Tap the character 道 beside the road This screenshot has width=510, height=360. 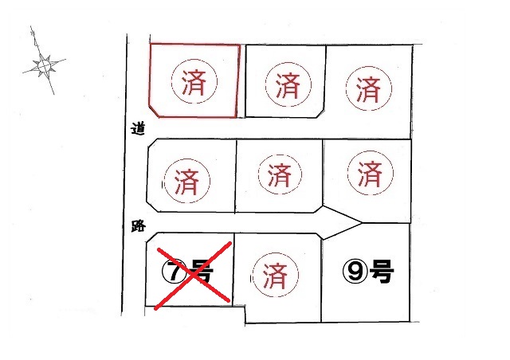click(x=138, y=128)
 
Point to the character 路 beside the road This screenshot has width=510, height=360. click(x=138, y=225)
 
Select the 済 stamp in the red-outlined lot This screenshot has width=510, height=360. click(x=194, y=81)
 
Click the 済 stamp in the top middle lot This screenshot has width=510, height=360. click(x=288, y=84)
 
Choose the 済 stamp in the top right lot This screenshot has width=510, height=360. click(x=368, y=88)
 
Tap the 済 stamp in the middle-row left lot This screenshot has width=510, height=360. click(x=186, y=181)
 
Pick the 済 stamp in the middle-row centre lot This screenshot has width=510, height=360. click(x=280, y=174)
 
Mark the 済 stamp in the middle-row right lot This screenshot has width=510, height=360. click(x=370, y=173)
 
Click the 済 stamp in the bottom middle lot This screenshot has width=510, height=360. click(x=275, y=276)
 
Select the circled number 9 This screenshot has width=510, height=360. click(x=355, y=272)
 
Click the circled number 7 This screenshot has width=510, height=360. click(x=174, y=272)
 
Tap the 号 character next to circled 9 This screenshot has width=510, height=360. click(x=382, y=272)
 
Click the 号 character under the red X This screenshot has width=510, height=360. click(x=201, y=272)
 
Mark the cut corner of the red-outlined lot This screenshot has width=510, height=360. click(x=154, y=111)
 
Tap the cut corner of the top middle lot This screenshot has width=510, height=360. click(x=320, y=113)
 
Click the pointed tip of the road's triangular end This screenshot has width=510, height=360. click(x=362, y=223)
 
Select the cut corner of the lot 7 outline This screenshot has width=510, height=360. click(x=151, y=237)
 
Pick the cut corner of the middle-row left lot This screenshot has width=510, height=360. click(x=153, y=207)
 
